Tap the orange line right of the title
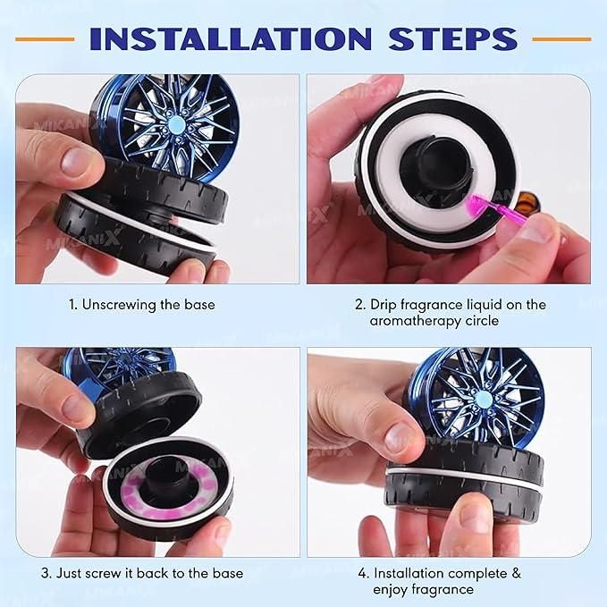click(561, 39)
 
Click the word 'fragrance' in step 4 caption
click(443, 589)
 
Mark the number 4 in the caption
click(361, 572)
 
